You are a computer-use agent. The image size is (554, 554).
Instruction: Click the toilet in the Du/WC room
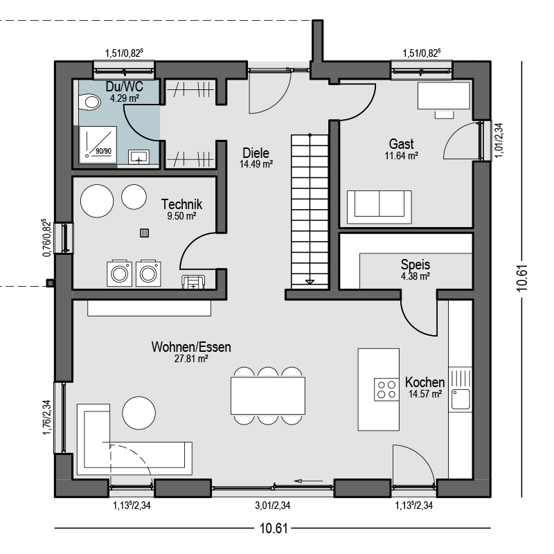click(89, 102)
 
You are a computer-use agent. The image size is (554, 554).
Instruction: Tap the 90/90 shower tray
click(98, 145)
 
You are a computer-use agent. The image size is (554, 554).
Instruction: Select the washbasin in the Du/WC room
click(138, 157)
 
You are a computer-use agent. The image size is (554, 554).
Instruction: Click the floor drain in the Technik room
click(144, 233)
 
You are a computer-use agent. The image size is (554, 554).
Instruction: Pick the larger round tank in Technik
click(97, 201)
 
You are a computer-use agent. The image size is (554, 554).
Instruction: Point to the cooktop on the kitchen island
click(386, 389)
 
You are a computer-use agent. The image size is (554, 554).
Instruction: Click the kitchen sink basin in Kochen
click(461, 400)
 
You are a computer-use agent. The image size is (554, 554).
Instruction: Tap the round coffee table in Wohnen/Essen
click(139, 413)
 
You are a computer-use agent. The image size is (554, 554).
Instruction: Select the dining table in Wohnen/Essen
click(268, 395)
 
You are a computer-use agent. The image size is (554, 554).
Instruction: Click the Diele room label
click(256, 153)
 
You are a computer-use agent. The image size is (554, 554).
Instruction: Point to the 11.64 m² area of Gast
click(402, 156)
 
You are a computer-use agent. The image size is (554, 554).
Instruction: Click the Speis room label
click(415, 265)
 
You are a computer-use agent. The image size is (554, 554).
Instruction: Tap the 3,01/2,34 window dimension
click(273, 506)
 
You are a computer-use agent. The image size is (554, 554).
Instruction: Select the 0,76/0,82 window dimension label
click(46, 238)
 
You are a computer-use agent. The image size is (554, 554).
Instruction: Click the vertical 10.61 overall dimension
click(522, 278)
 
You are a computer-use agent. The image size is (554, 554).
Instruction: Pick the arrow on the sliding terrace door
click(308, 481)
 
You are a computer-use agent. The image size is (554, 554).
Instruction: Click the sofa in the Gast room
click(379, 207)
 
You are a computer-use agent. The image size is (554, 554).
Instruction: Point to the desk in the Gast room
click(444, 96)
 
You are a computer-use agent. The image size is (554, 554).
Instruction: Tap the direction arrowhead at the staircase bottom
click(310, 282)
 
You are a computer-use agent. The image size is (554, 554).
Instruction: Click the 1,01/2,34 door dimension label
click(498, 141)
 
